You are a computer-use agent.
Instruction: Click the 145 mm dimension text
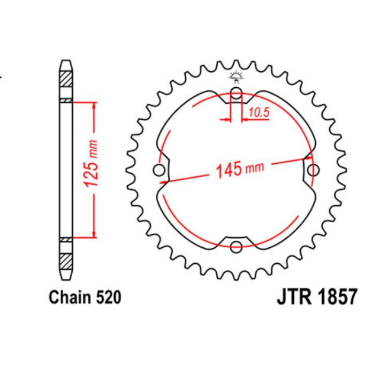(x=239, y=170)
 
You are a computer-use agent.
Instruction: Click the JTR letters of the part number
(x=295, y=297)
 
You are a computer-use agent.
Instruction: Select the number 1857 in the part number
(x=335, y=297)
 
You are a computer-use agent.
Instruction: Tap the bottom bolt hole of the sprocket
(x=236, y=246)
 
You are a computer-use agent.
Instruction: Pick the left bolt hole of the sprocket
(x=158, y=171)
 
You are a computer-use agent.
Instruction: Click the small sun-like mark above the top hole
(x=235, y=75)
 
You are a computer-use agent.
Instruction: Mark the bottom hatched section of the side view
(x=65, y=262)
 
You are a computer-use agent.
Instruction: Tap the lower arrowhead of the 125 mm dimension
(x=95, y=233)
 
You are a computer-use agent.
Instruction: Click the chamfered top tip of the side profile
(x=65, y=61)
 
